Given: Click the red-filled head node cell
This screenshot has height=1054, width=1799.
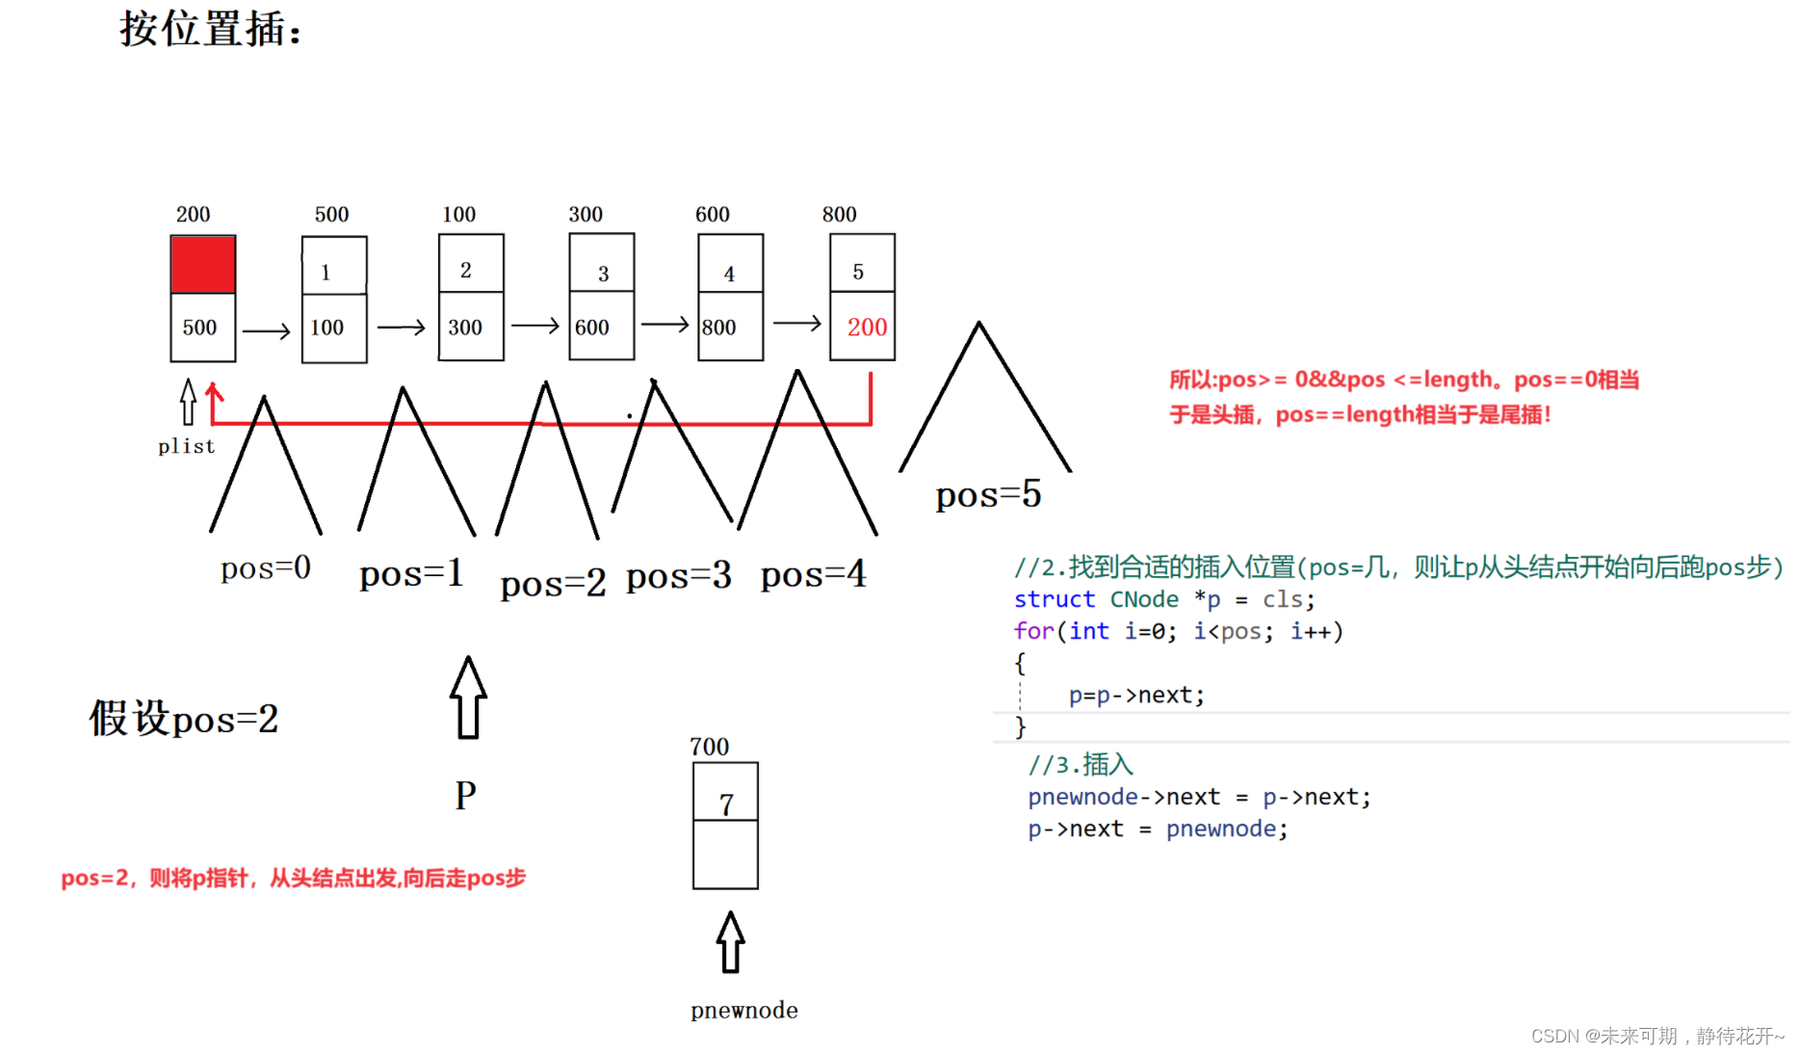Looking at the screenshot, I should click(203, 265).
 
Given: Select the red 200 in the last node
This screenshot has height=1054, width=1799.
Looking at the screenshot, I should click(867, 328).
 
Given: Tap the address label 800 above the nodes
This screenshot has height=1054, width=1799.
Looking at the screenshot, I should click(839, 214).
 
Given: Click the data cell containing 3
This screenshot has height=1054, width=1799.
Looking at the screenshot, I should click(603, 273).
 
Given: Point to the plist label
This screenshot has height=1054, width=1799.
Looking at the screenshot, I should click(186, 446).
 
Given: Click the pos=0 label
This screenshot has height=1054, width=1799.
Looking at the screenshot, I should click(266, 568).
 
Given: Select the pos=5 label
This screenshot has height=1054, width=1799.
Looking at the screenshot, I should click(988, 495).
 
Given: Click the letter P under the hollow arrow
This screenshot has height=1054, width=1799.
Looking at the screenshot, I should click(465, 796).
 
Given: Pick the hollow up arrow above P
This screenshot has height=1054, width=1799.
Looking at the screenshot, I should click(468, 698).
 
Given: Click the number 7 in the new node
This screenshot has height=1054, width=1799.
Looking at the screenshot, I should click(726, 804).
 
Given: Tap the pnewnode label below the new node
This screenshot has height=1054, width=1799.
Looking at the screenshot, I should click(743, 1010).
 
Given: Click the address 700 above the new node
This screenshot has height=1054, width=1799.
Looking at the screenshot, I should click(709, 747).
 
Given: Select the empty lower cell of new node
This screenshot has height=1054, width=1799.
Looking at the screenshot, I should click(725, 855).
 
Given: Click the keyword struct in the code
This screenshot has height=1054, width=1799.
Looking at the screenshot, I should click(1055, 599).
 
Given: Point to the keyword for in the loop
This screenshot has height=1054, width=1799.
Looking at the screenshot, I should click(1033, 631).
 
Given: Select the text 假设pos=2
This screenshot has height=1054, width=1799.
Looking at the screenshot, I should click(184, 719).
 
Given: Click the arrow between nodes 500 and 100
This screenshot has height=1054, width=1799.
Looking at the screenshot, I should click(401, 328).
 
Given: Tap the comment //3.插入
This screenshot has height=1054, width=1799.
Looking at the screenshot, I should click(1081, 764).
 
